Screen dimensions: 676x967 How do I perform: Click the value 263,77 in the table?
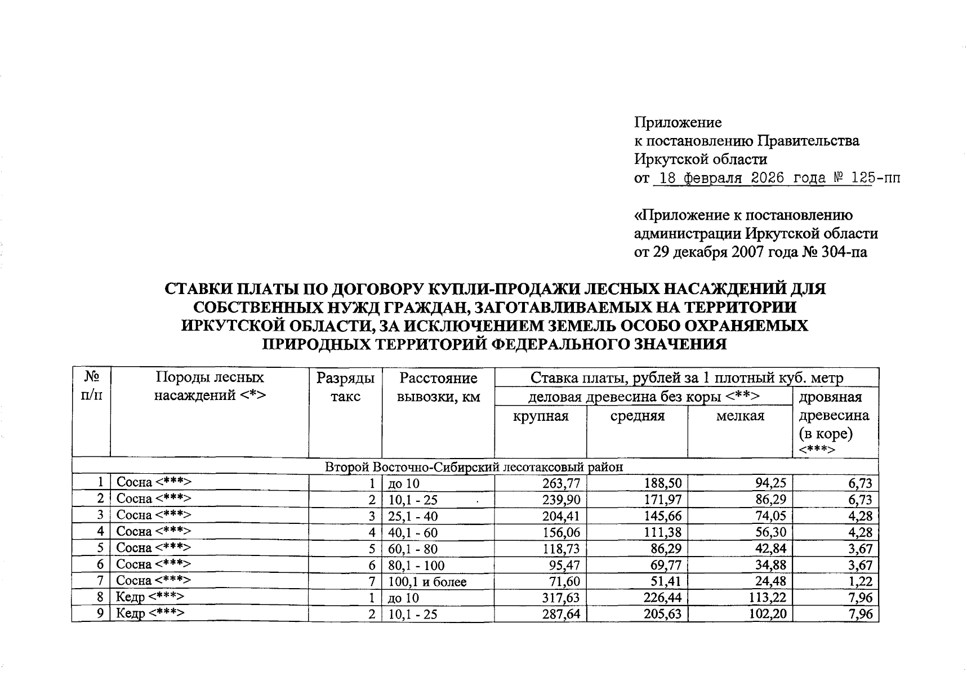click(x=561, y=483)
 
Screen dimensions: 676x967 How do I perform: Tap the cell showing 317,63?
click(x=561, y=598)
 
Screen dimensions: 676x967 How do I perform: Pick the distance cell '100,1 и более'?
click(x=427, y=581)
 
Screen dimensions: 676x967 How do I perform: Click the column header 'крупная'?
click(x=540, y=416)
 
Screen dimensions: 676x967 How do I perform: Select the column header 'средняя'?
click(x=637, y=416)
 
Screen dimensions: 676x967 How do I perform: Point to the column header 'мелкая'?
click(x=739, y=416)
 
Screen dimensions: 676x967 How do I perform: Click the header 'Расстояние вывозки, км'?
click(x=438, y=387)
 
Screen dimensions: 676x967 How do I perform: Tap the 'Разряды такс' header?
click(x=345, y=387)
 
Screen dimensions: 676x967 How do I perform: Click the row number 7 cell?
click(x=100, y=581)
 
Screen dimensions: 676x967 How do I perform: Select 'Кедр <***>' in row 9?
click(x=150, y=613)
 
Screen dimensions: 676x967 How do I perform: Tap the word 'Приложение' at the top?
click(x=678, y=122)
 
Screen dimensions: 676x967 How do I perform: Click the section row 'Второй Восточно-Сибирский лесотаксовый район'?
click(x=474, y=467)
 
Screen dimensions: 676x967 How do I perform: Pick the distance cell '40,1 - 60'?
click(x=412, y=532)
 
